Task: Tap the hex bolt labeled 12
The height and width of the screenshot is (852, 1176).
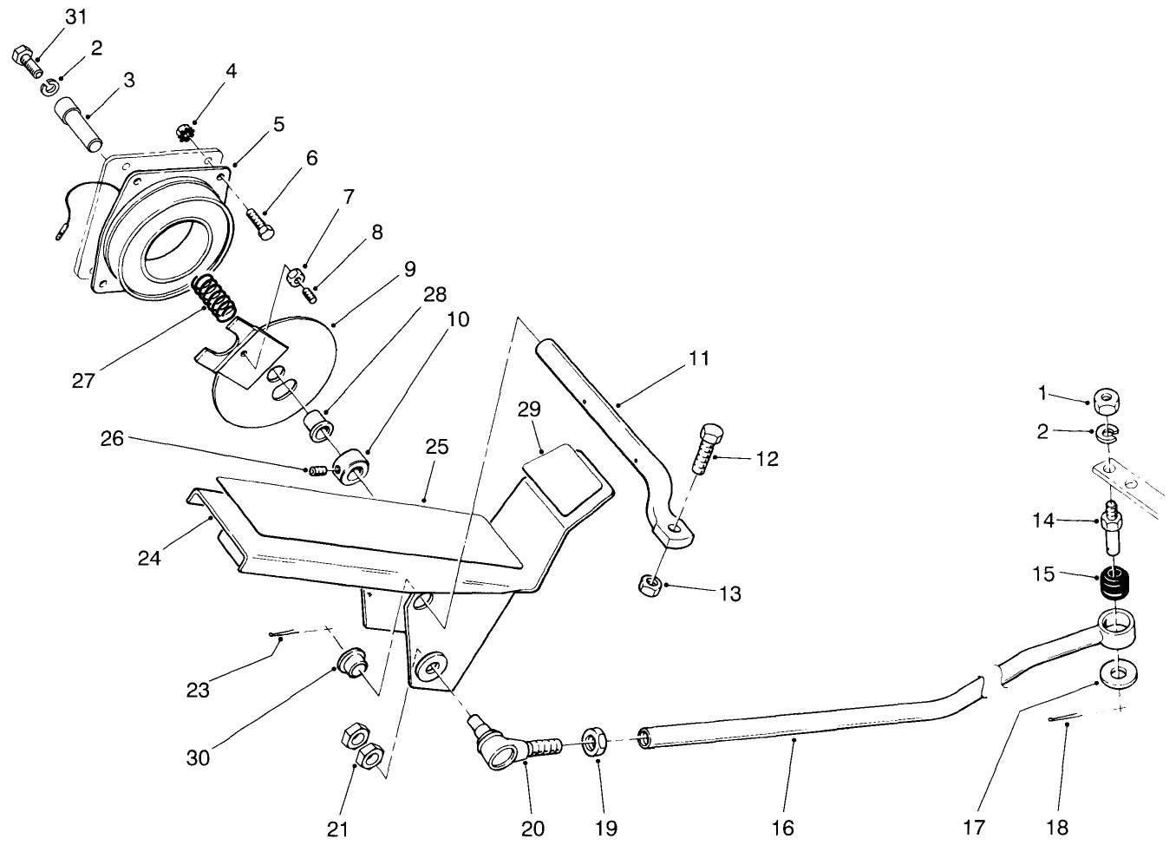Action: point(707,447)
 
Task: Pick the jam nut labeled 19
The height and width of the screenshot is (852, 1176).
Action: point(595,743)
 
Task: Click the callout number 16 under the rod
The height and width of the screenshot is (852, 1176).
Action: point(782,829)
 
